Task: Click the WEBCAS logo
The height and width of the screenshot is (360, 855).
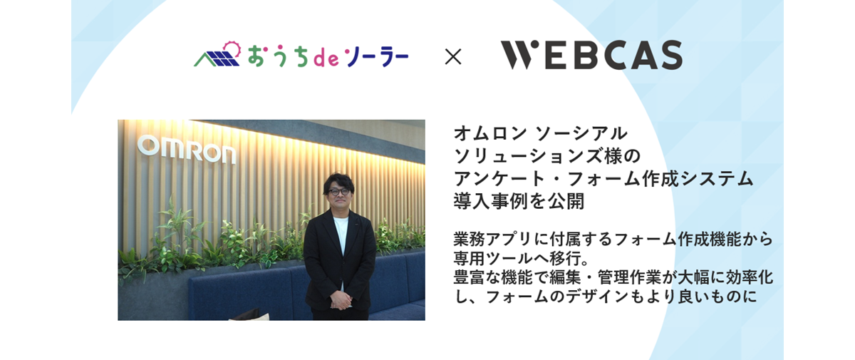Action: [x=591, y=56]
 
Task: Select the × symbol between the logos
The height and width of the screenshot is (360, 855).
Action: [x=453, y=56]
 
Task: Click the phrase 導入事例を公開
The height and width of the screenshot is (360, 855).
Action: [x=519, y=202]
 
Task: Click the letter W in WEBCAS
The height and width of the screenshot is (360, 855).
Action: [x=516, y=56]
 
